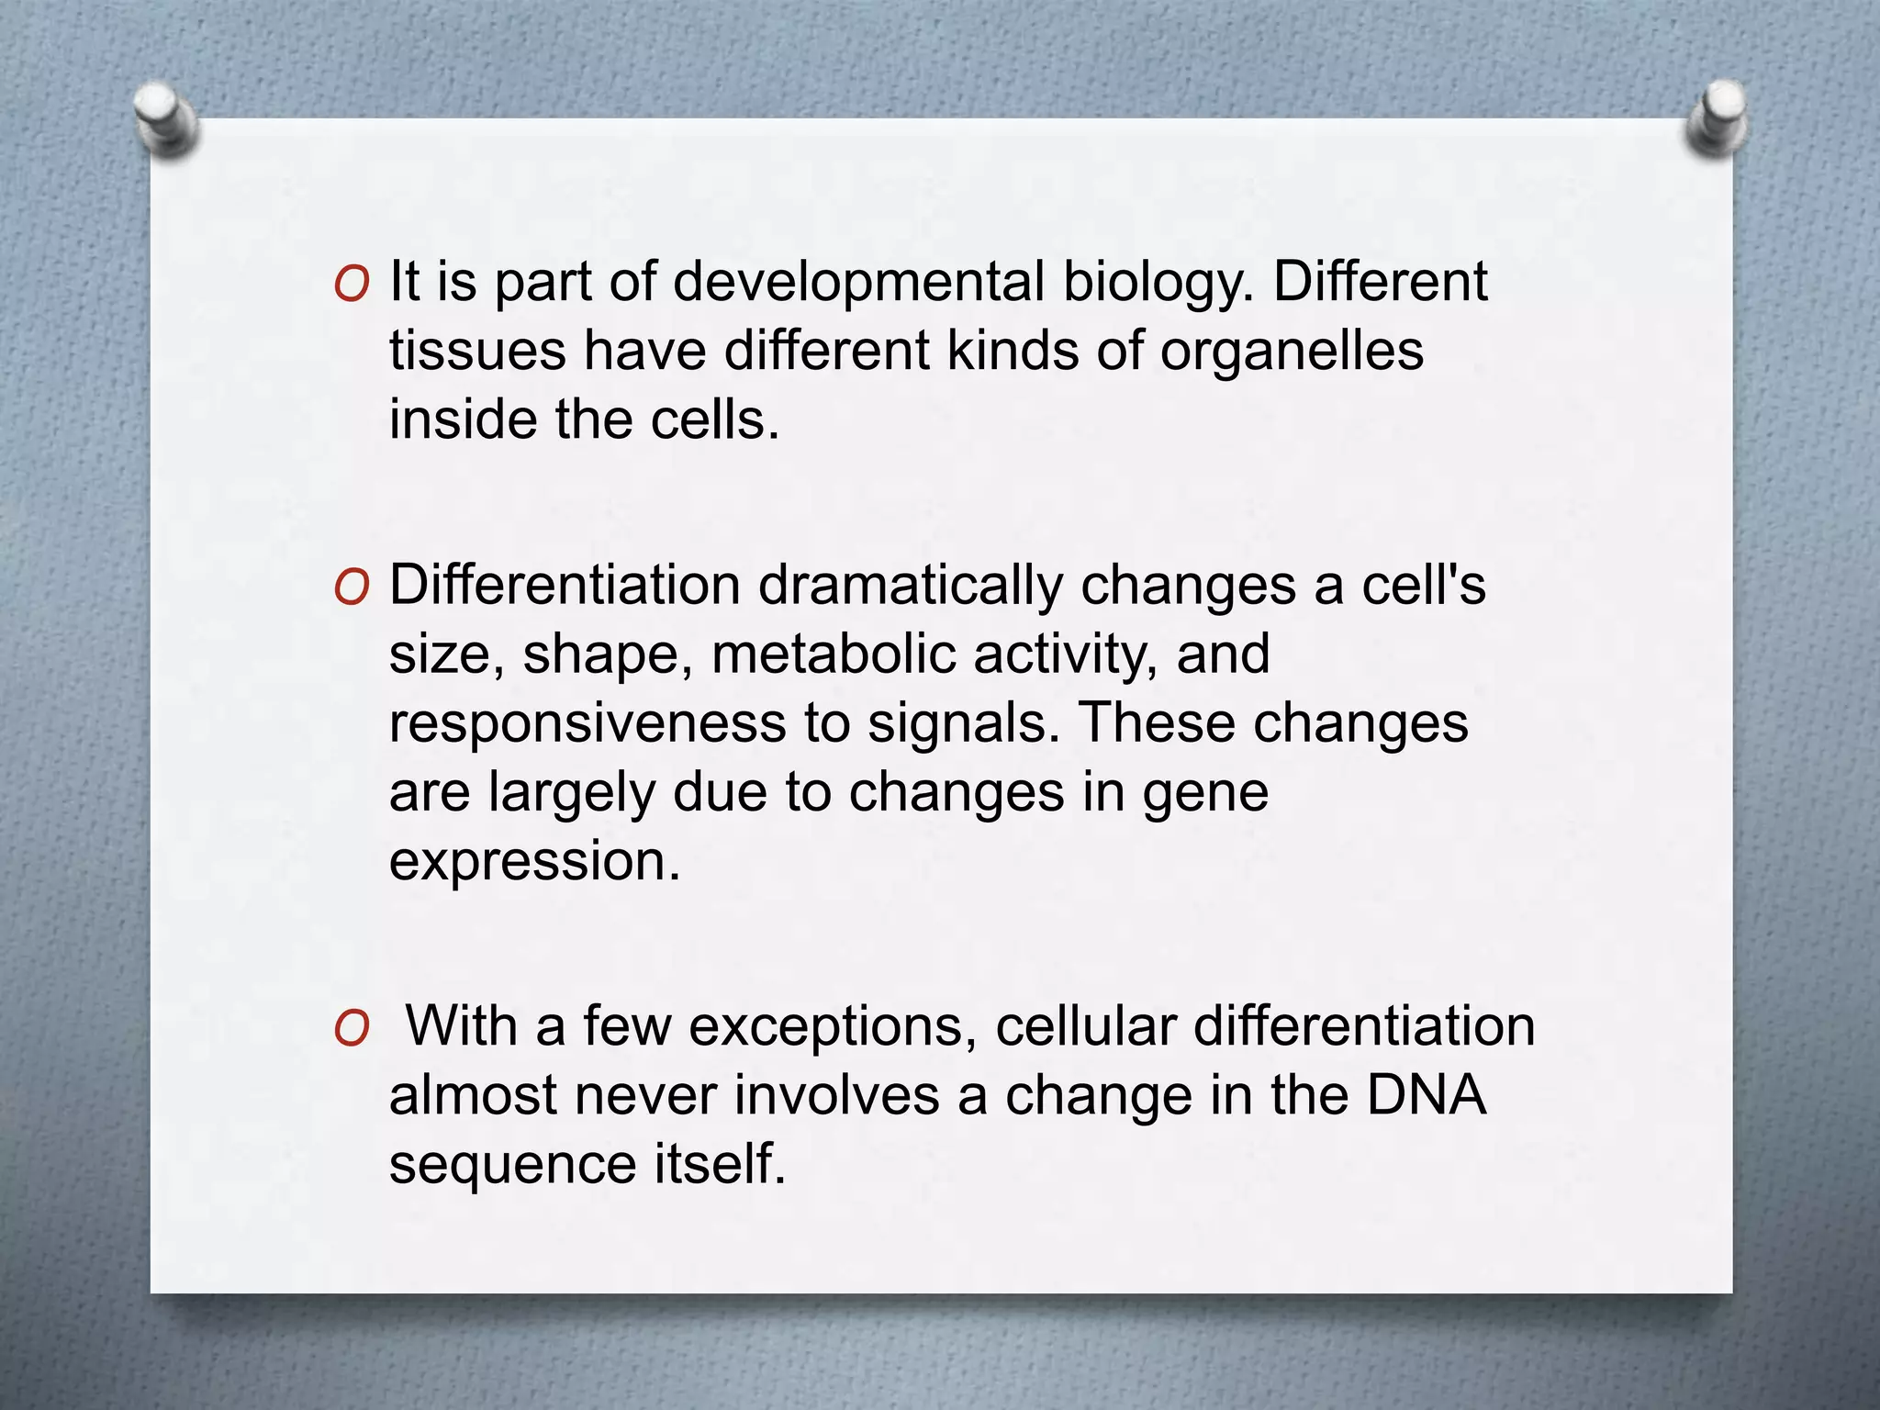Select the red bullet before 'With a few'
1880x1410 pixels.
[352, 1030]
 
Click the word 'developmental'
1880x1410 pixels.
[859, 282]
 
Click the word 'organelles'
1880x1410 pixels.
[1292, 352]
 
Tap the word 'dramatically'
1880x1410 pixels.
[910, 586]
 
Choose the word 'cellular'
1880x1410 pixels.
[1086, 1026]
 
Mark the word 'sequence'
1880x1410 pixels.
[513, 1165]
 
